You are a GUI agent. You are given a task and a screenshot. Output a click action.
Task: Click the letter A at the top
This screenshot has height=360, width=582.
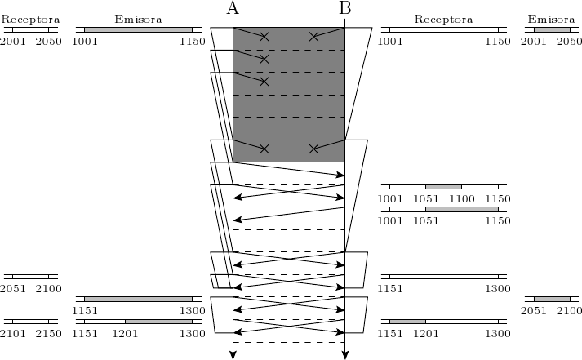[233, 9]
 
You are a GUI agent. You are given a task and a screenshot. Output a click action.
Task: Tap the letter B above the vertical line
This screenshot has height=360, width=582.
[344, 9]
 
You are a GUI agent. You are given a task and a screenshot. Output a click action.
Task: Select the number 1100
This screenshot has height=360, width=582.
[461, 198]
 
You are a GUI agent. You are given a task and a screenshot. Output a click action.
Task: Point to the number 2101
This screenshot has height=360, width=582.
[13, 334]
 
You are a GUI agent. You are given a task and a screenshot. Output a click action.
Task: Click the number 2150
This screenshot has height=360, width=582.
[49, 334]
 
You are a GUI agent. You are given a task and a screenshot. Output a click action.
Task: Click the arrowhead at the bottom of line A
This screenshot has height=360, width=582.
[233, 354]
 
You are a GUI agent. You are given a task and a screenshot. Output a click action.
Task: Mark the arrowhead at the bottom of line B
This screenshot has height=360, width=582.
[344, 354]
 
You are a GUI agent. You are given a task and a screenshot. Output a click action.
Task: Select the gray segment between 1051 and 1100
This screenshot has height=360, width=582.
[443, 187]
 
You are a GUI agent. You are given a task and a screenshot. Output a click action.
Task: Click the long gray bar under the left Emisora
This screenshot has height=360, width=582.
[138, 29]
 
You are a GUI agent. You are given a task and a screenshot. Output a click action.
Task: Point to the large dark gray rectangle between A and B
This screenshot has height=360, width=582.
[289, 94]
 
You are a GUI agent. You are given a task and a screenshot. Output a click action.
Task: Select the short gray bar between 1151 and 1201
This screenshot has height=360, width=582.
[407, 322]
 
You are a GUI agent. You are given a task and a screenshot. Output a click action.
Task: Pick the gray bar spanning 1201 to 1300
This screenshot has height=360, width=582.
[158, 322]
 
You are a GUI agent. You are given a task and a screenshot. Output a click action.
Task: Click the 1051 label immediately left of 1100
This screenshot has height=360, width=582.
[425, 198]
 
